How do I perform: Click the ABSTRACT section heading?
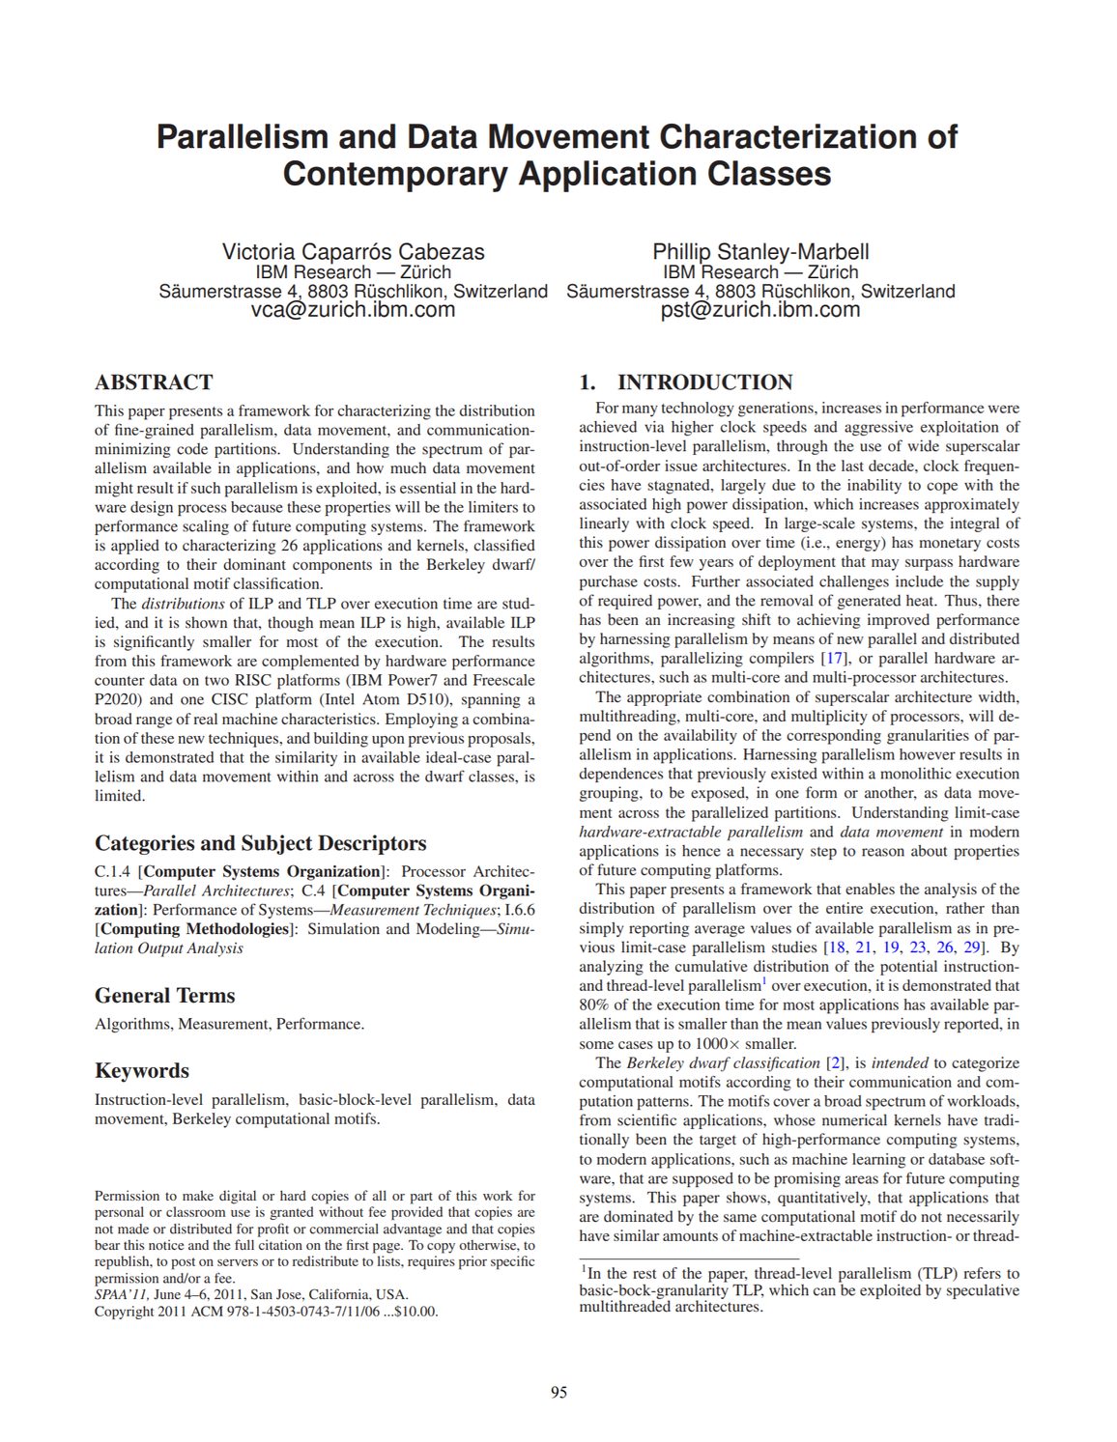point(154,382)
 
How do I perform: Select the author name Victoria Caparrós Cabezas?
point(353,252)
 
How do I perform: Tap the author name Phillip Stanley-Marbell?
point(760,252)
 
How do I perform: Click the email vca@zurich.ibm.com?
point(353,310)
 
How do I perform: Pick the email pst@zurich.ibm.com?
point(760,310)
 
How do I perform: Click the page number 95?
point(558,1392)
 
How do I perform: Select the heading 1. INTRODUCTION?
point(686,382)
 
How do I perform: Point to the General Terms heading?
point(164,996)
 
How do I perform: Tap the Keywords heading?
point(142,1071)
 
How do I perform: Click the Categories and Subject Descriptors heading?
point(260,843)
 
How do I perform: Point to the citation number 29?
point(974,947)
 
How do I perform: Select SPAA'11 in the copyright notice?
point(121,1295)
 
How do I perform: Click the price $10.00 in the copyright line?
point(416,1312)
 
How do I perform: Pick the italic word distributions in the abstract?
point(183,604)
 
